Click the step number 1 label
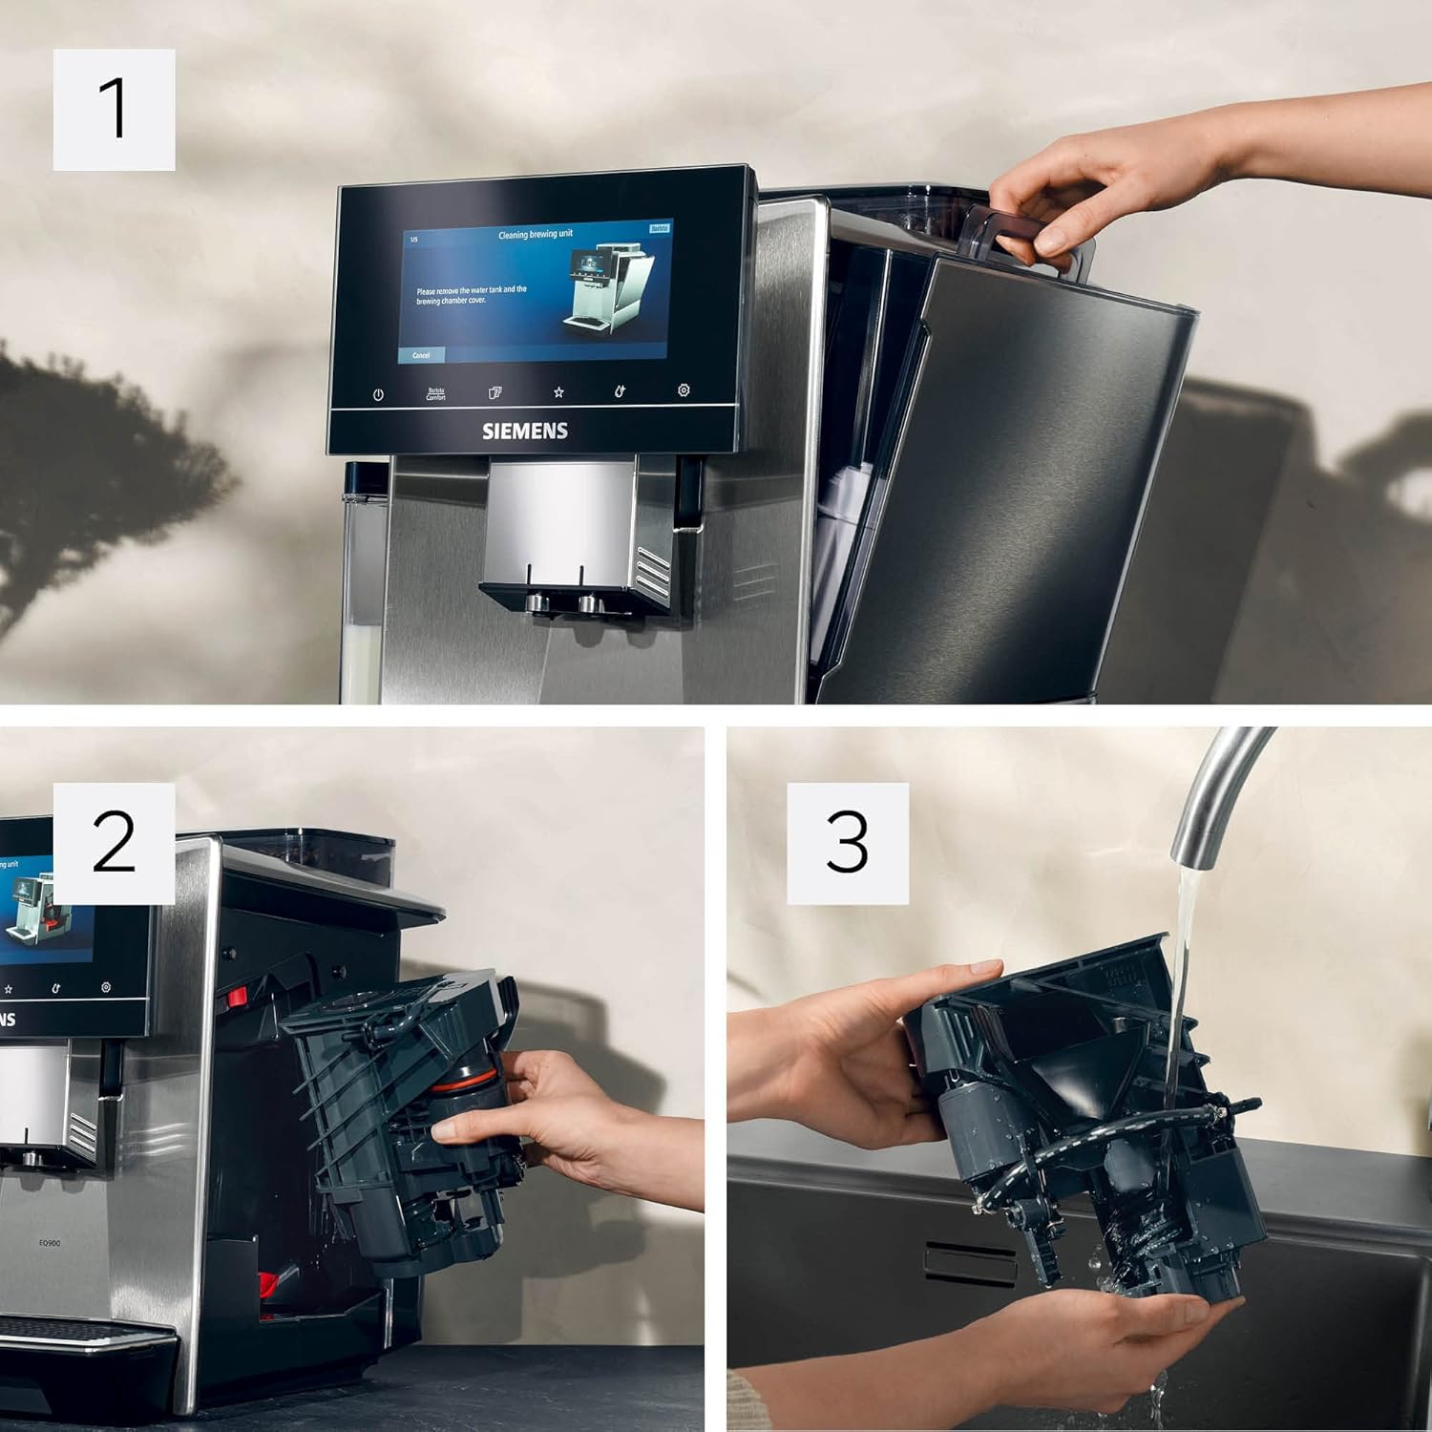(x=114, y=110)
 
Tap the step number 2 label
(x=114, y=843)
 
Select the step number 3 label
(x=847, y=843)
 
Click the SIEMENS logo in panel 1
(x=524, y=432)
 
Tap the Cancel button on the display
(x=421, y=355)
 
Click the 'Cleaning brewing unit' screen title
(x=535, y=234)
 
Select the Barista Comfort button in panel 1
(x=436, y=393)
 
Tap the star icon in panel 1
(x=558, y=392)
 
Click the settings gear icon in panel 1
(x=684, y=390)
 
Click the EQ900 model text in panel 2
(x=50, y=1243)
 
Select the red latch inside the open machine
(x=236, y=999)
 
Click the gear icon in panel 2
(x=106, y=987)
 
